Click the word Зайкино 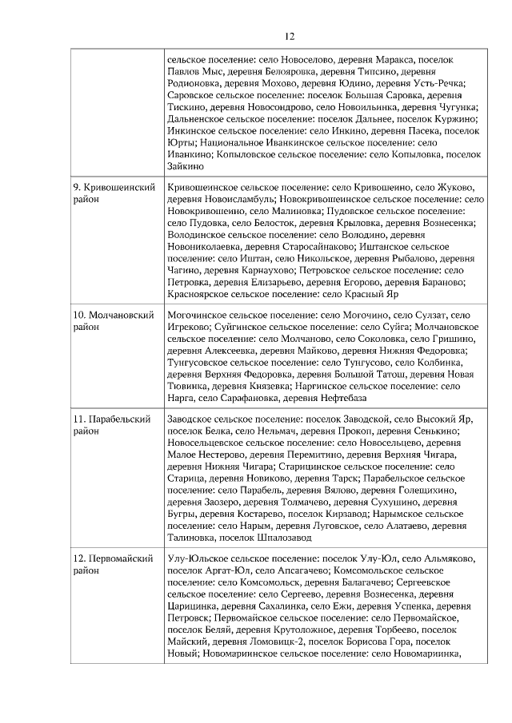click(187, 167)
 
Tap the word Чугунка click(454, 107)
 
